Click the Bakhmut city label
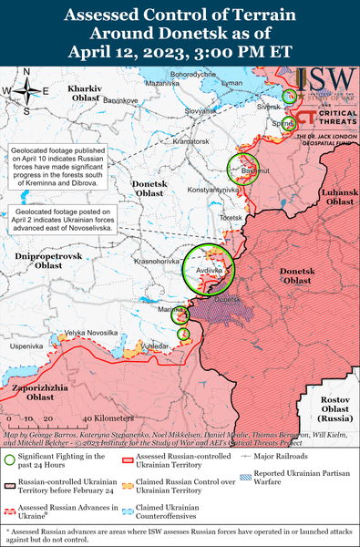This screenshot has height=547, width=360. tap(242, 170)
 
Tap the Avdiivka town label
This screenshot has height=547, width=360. tap(209, 269)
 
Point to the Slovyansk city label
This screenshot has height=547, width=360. tap(201, 111)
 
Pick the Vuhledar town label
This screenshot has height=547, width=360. tap(158, 347)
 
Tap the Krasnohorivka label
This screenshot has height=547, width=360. tap(155, 261)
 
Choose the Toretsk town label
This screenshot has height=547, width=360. tap(231, 219)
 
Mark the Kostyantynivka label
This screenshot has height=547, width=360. tap(212, 189)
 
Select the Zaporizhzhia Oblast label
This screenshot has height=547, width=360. tap(38, 392)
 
